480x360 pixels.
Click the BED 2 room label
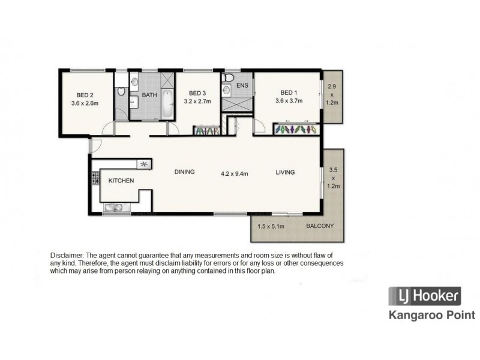85,95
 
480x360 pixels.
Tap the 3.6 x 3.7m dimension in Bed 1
289,100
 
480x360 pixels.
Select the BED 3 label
197,93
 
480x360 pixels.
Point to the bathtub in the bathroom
167,103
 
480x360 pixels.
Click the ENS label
242,85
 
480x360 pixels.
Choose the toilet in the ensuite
229,77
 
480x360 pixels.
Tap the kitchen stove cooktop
95,178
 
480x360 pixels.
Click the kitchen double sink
113,207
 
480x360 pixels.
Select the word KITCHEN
121,181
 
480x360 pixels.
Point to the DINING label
185,172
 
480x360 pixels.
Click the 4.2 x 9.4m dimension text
235,173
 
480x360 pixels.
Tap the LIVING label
286,172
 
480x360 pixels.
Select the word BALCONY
320,226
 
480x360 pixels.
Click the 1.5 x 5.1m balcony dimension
271,227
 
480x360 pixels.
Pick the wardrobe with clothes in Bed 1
296,129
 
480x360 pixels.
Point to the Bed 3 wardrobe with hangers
206,131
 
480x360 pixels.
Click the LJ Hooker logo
425,296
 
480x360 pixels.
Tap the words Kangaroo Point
432,315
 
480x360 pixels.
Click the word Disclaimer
67,256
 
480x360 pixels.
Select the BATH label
149,95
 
